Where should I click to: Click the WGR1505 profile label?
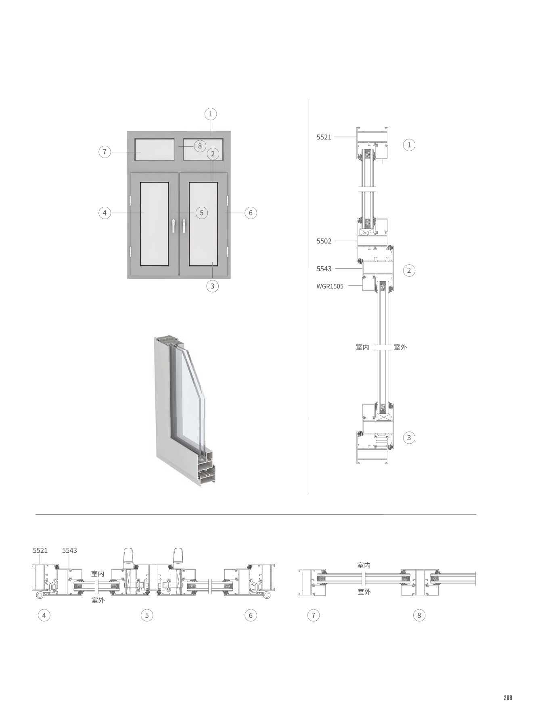point(330,286)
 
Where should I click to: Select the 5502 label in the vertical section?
point(324,241)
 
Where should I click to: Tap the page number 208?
point(508,698)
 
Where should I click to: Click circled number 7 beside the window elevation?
point(105,152)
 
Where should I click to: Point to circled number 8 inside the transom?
point(200,146)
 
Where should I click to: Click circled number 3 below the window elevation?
point(212,286)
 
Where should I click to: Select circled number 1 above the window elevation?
point(210,114)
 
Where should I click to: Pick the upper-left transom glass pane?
point(155,150)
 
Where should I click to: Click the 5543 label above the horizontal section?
point(69,550)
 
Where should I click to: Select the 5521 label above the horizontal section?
point(40,550)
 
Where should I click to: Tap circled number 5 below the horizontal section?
point(147,615)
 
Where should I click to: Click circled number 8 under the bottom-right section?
point(419,615)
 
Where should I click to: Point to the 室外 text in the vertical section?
point(400,347)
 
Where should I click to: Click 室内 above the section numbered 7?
point(364,565)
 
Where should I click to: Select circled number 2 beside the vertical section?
point(409,270)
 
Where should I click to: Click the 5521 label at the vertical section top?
point(324,137)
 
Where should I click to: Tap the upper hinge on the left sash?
point(131,200)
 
